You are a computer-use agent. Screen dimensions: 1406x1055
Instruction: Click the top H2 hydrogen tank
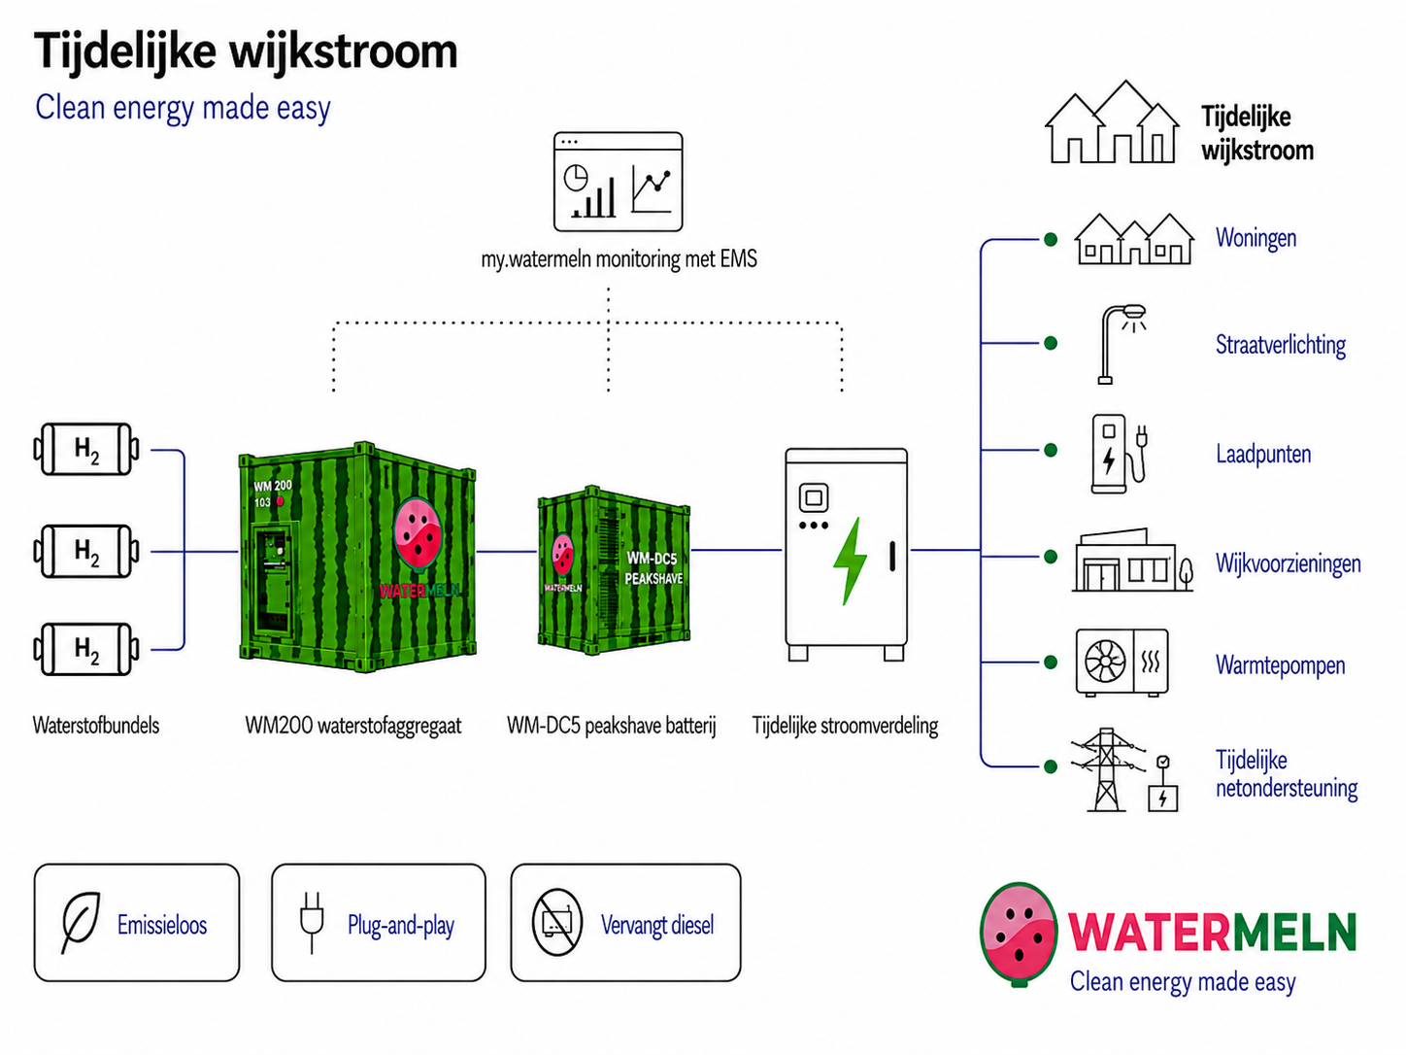point(86,449)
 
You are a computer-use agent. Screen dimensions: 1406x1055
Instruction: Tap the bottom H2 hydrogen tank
point(86,650)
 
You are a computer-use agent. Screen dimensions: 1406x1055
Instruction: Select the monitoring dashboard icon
point(619,182)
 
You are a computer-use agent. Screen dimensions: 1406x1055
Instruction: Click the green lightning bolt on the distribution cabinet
point(851,562)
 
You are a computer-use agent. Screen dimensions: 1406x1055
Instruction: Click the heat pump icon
point(1122,662)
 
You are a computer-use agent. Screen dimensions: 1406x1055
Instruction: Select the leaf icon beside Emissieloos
point(82,923)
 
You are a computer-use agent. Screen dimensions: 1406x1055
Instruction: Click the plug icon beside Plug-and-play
point(312,923)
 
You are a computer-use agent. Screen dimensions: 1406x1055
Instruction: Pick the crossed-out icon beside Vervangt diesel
point(557,923)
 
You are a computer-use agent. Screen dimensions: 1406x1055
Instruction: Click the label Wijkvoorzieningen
point(1289,563)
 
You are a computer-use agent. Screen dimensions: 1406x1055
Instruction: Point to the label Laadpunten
point(1263,455)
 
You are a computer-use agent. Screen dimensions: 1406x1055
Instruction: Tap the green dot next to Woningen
point(1051,240)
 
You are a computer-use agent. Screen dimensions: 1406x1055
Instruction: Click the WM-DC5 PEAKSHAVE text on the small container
point(653,568)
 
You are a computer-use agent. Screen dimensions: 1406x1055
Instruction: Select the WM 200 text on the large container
point(272,486)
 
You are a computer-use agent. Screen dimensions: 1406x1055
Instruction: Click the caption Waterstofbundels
point(96,726)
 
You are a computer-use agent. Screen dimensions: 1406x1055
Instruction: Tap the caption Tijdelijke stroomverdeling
point(845,727)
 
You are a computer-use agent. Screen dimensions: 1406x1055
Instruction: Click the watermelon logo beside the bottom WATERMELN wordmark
point(1019,935)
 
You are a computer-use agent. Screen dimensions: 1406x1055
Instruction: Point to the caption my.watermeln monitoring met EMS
point(619,259)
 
